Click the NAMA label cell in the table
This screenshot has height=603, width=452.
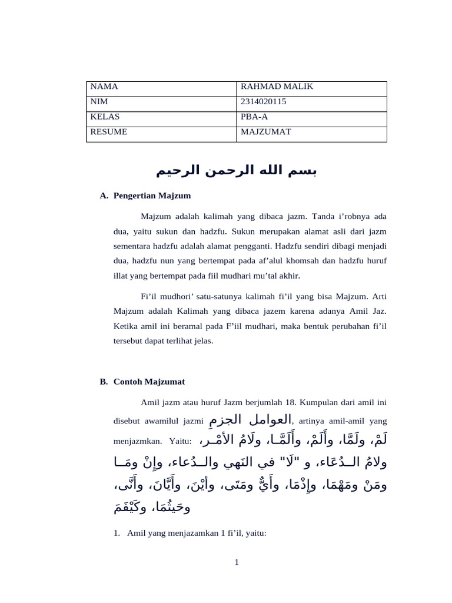[104, 87]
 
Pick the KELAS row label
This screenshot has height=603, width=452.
[105, 117]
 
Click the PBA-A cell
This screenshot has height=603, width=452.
[254, 117]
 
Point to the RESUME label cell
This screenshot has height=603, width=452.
[108, 132]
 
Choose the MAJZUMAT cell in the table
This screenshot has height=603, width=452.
[266, 132]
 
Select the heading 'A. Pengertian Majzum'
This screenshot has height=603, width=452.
[146, 195]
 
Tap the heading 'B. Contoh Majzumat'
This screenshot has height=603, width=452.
[142, 382]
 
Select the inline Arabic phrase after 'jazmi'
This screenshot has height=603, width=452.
[250, 419]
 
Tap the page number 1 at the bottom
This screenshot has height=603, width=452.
[236, 562]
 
